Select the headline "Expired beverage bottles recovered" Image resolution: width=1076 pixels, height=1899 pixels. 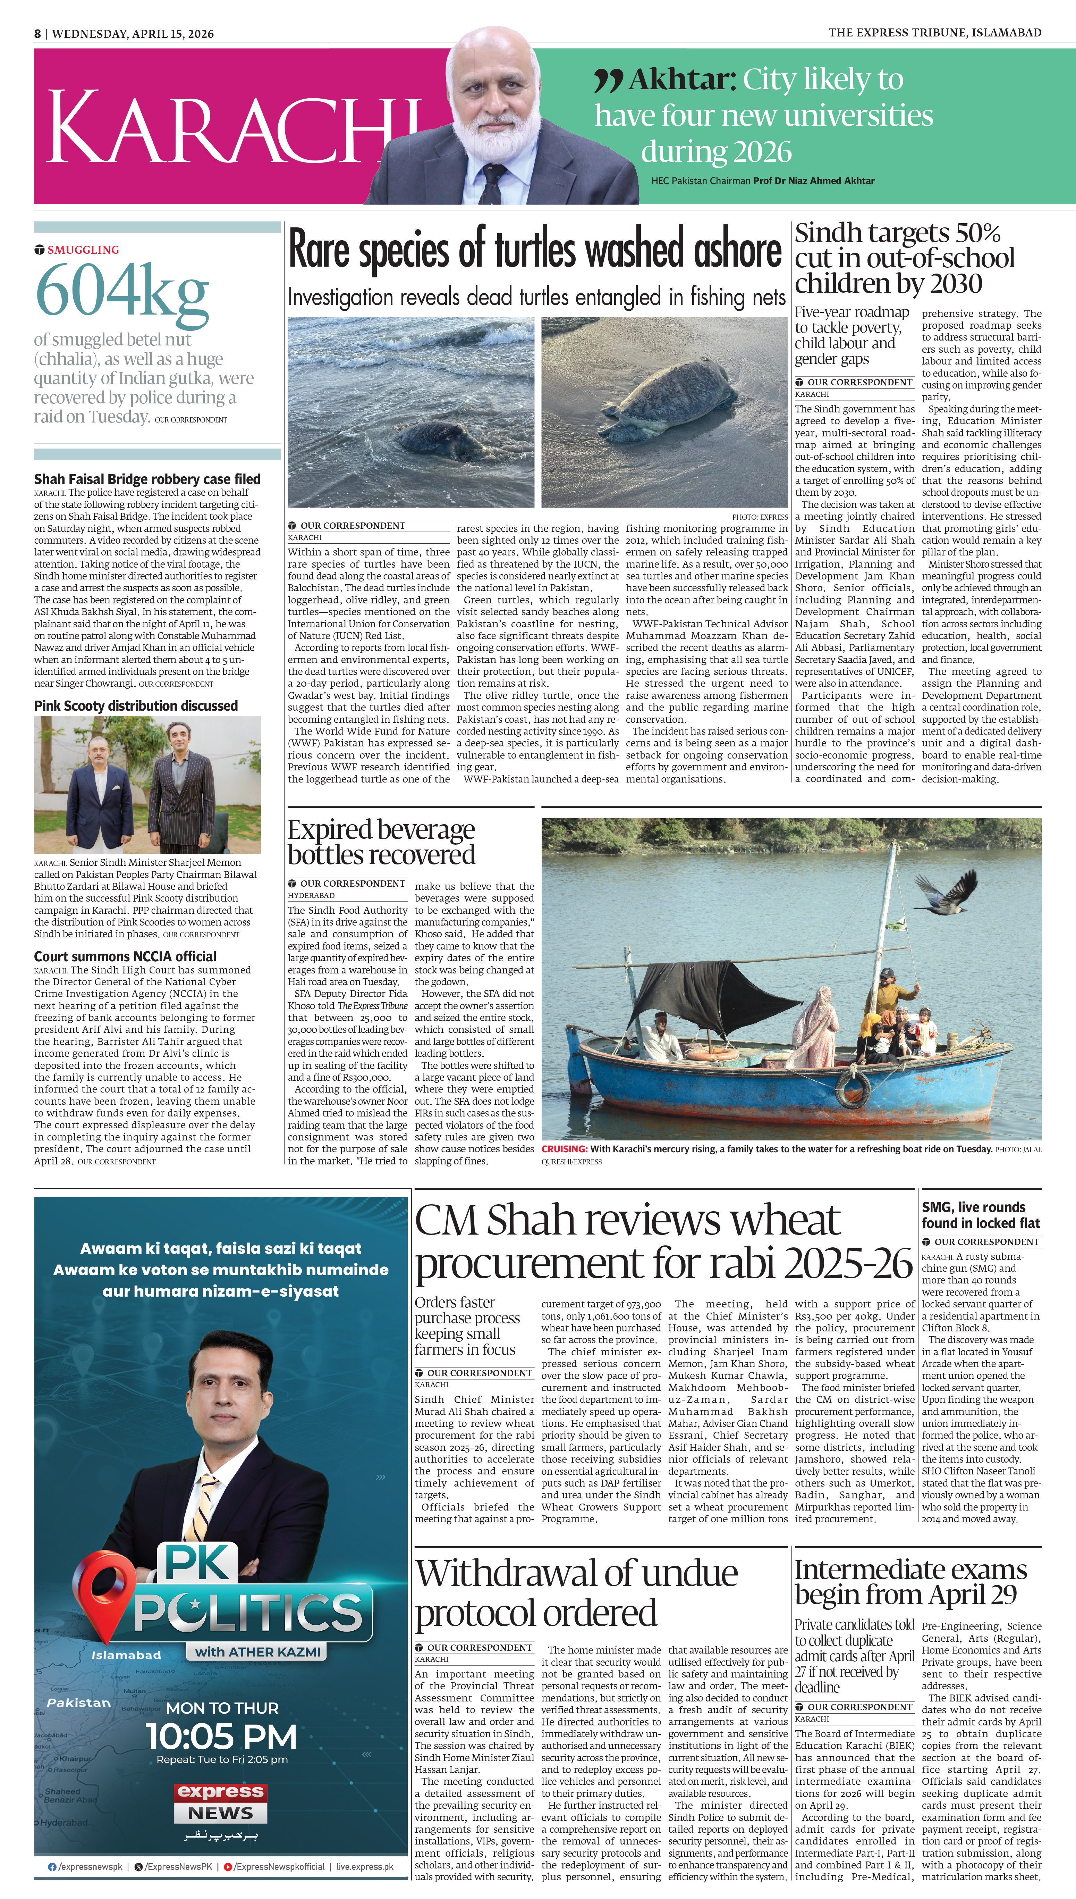coord(381,842)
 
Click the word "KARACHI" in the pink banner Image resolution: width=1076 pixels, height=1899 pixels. coord(229,127)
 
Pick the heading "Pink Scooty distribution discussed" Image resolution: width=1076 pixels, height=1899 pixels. coord(136,706)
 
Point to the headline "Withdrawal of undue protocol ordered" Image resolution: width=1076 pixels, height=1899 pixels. coord(576,1593)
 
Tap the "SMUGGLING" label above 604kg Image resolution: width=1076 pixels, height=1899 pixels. coord(83,250)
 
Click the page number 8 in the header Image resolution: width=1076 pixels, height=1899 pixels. coord(37,33)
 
